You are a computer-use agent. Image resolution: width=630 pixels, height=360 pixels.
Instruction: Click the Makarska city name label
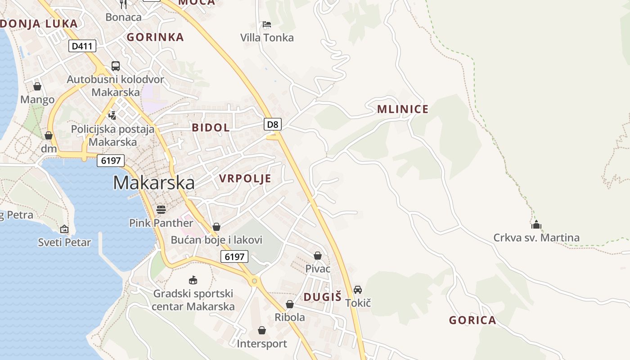(x=153, y=183)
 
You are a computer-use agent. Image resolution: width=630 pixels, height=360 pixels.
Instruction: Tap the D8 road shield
(x=273, y=124)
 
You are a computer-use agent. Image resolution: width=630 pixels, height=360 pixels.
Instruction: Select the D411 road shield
(x=82, y=45)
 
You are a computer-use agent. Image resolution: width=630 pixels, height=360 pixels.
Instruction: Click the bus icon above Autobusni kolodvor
(x=116, y=66)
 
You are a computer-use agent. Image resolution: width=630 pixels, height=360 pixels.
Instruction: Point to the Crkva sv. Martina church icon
(x=536, y=224)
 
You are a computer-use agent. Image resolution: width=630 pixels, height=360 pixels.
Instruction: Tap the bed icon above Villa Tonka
(x=267, y=24)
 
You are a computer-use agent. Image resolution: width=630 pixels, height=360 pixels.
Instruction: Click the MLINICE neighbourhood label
(x=403, y=109)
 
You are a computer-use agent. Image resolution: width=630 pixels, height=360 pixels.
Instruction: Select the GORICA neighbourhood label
(x=472, y=320)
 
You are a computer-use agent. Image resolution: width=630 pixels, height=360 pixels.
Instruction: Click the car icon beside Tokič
(x=358, y=289)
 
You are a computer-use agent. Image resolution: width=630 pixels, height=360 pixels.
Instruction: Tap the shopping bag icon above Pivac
(x=318, y=256)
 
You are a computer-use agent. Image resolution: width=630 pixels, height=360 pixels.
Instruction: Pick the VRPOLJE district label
(x=245, y=179)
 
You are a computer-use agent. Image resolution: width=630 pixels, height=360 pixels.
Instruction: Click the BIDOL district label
(x=211, y=127)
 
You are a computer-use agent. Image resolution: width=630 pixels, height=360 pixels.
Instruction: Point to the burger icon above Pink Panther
(x=161, y=209)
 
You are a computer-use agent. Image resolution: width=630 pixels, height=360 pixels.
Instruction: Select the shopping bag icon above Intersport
(x=262, y=330)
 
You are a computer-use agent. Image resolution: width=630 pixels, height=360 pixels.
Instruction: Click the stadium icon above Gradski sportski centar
(x=193, y=280)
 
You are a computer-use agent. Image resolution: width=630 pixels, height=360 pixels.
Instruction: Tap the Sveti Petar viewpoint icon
(x=64, y=229)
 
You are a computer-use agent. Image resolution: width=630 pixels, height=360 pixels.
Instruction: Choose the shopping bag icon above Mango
(x=37, y=86)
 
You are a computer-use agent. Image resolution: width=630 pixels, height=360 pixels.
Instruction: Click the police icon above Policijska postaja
(x=112, y=115)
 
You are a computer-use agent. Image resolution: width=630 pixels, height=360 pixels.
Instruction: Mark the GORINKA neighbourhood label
(x=155, y=37)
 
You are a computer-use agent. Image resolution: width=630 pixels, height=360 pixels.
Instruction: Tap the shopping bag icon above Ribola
(x=290, y=304)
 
